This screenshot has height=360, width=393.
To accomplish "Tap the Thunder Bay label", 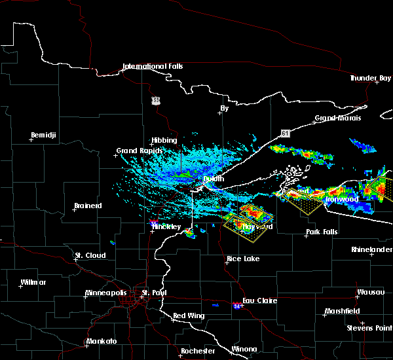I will point(370,78).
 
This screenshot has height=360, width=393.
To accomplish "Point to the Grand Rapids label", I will point(136,151).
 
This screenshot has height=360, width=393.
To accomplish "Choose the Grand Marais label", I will point(334,118).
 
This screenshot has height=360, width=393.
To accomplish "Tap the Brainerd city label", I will point(88,206).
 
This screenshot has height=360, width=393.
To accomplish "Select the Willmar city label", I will point(33,282).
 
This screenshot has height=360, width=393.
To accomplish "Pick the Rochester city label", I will point(198,351).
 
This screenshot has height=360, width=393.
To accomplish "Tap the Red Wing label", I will point(189,316).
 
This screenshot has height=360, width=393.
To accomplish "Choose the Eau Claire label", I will point(260,300).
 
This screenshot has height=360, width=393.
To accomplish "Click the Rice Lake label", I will point(243,259).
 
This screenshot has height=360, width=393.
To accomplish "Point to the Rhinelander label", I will point(371,249).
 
